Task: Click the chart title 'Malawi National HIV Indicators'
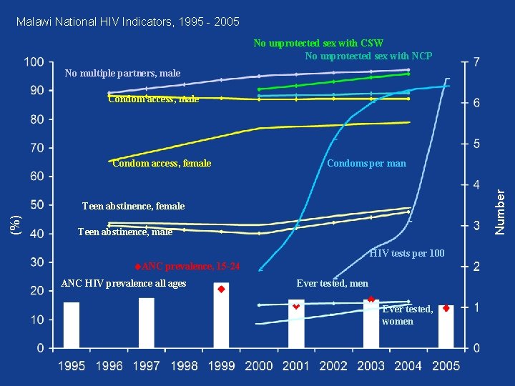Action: pyautogui.click(x=127, y=22)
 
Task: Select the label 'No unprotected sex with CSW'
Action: pyautogui.click(x=318, y=44)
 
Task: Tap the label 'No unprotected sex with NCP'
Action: pyautogui.click(x=368, y=56)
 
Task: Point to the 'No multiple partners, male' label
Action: pyautogui.click(x=122, y=73)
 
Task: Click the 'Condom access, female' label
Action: pyautogui.click(x=162, y=164)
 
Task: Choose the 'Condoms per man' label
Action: pyautogui.click(x=366, y=164)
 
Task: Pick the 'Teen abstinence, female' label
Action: pyautogui.click(x=133, y=207)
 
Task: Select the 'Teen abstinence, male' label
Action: pyautogui.click(x=124, y=232)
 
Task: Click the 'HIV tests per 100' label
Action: pyautogui.click(x=406, y=254)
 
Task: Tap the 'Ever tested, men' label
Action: pyautogui.click(x=333, y=284)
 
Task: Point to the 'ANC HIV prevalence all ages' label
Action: pyautogui.click(x=124, y=284)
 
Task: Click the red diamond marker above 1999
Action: pyautogui.click(x=222, y=289)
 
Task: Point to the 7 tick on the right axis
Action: pyautogui.click(x=476, y=64)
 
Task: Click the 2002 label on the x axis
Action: pyautogui.click(x=333, y=367)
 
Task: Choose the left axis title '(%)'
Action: pyautogui.click(x=15, y=223)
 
